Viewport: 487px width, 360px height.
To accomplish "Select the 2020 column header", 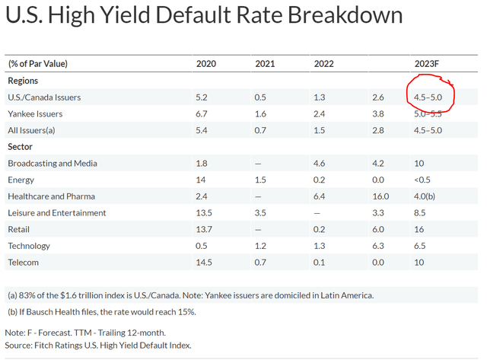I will [207, 63].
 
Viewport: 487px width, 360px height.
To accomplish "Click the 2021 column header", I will [266, 63].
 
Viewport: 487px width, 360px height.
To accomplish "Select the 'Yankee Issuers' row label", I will [35, 113].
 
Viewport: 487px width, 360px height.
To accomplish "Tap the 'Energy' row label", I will [21, 180].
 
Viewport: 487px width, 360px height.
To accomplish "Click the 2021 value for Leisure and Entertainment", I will [261, 213].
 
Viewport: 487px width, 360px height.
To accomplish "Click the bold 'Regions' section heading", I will [23, 80].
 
